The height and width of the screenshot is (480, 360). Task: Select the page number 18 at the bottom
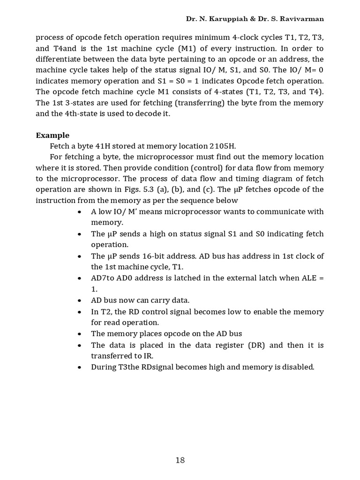pyautogui.click(x=180, y=460)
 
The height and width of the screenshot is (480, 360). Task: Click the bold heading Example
pyautogui.click(x=52, y=135)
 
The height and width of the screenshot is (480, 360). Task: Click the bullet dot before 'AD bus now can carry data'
pyautogui.click(x=80, y=300)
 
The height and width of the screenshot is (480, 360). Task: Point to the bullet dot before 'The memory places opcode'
pyautogui.click(x=80, y=334)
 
